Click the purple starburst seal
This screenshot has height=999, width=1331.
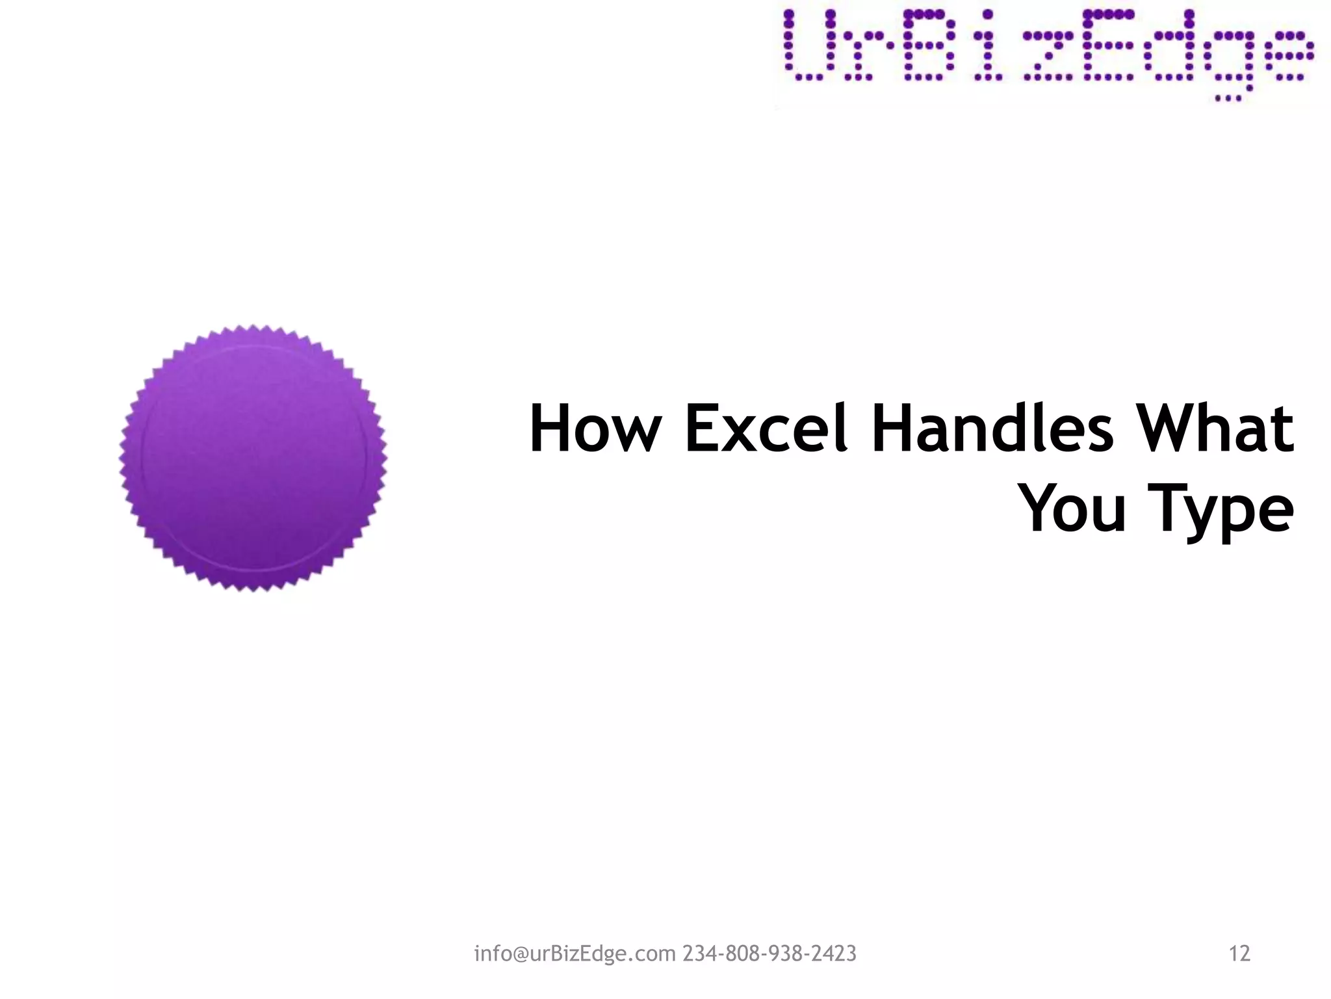[x=253, y=458]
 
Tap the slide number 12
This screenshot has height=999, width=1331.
[x=1239, y=953]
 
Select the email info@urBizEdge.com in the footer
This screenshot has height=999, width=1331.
[x=575, y=953]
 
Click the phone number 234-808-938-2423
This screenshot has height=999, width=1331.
[x=769, y=953]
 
